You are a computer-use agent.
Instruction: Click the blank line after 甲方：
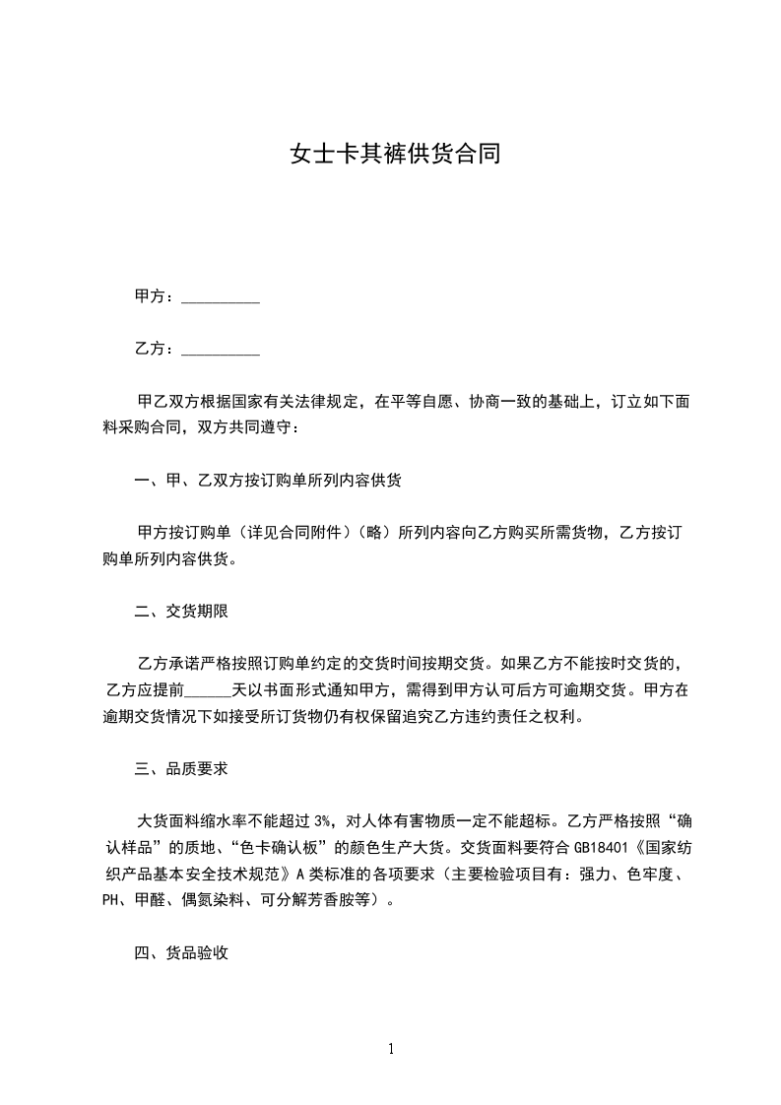pos(222,296)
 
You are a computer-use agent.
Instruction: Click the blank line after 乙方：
pos(222,350)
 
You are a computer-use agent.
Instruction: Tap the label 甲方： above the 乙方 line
pos(156,296)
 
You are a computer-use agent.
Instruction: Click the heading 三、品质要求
pos(181,768)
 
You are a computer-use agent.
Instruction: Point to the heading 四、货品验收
pos(181,952)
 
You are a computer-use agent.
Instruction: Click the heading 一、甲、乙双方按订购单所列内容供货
pos(268,481)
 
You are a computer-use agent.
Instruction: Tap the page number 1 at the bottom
pos(391,1049)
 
